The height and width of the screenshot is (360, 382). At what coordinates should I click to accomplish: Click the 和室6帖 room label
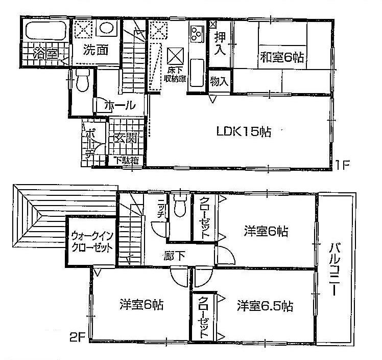tap(282, 57)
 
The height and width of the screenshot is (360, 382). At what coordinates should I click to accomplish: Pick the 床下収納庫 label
tap(174, 74)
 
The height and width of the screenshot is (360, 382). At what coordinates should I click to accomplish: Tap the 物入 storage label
tap(220, 82)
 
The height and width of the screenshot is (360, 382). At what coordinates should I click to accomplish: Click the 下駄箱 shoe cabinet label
tap(126, 161)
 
